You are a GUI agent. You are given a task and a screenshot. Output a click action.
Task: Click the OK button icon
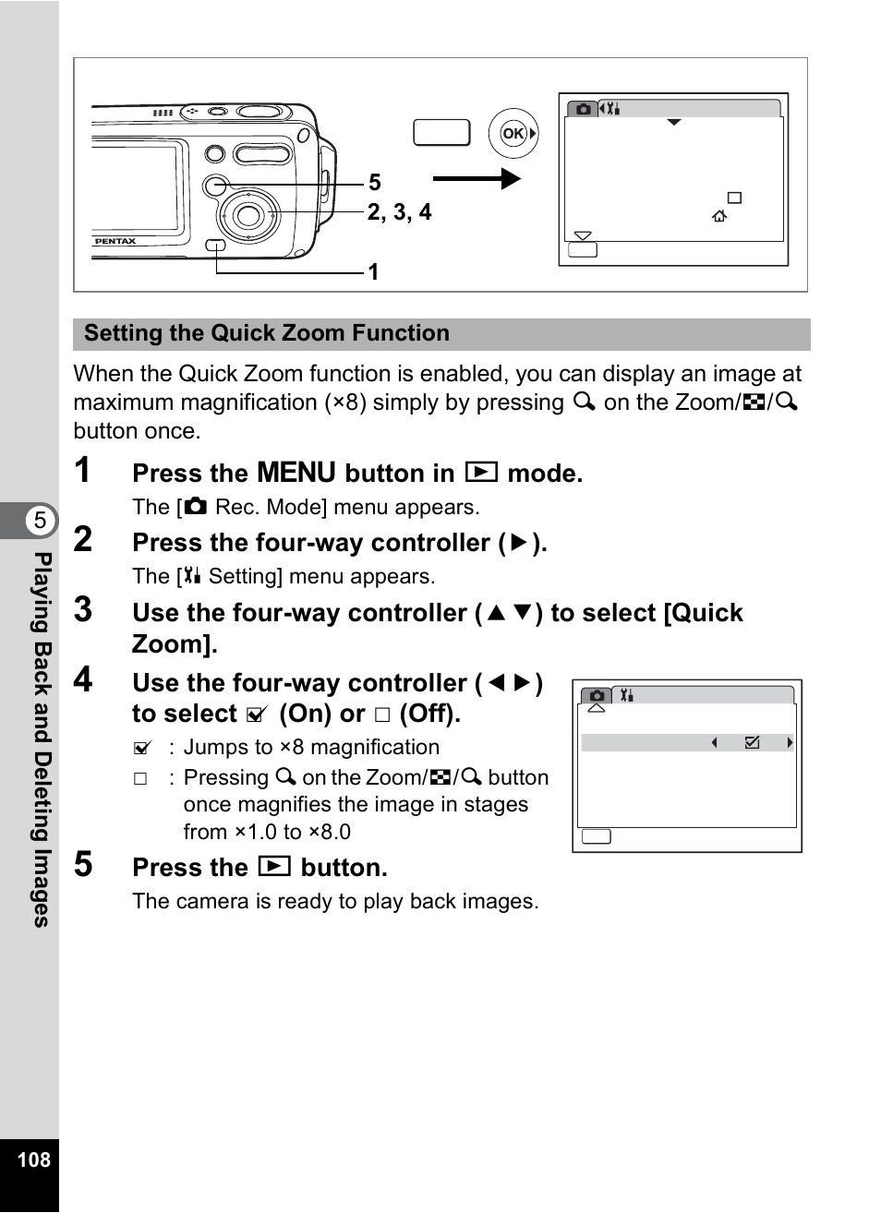[x=513, y=134]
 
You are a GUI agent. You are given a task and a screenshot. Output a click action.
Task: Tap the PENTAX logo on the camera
[x=115, y=241]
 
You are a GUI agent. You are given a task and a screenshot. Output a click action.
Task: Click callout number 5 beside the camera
[x=375, y=183]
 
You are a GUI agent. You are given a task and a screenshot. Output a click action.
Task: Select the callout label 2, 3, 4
[x=399, y=212]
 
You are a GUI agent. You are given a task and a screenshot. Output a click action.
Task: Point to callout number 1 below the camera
[x=373, y=271]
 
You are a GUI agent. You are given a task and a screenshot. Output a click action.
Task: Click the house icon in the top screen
[x=719, y=216]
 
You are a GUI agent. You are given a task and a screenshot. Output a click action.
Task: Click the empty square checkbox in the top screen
[x=734, y=198]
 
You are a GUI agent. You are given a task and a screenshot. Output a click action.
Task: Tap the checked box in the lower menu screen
[x=752, y=742]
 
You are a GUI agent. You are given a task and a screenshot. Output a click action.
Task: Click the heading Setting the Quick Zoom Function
[x=267, y=333]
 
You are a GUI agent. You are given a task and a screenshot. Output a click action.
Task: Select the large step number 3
[x=83, y=609]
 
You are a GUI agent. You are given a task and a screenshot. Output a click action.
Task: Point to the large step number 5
[x=83, y=865]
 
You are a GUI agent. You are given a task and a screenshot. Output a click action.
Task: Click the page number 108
[x=33, y=1159]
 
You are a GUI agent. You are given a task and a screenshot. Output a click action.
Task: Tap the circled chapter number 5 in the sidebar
[x=40, y=521]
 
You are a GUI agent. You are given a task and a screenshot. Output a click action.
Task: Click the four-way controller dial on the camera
[x=247, y=216]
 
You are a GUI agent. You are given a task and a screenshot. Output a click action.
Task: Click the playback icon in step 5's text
[x=274, y=867]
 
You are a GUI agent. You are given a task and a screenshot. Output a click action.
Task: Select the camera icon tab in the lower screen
[x=597, y=695]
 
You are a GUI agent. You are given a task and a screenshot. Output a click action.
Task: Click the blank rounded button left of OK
[x=441, y=133]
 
